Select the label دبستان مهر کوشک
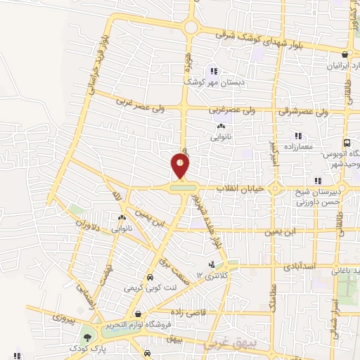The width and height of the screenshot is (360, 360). point(212,82)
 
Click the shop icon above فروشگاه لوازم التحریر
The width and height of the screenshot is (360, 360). point(139,313)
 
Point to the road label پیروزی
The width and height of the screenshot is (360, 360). point(61,320)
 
